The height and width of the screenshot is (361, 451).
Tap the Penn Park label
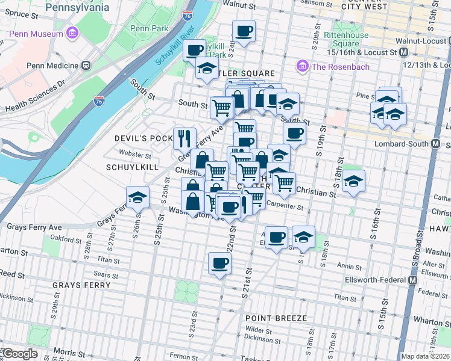(148, 28)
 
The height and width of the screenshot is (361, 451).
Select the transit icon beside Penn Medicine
(86, 65)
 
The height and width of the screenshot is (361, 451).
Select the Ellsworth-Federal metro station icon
(413, 280)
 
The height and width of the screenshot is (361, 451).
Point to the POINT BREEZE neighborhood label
(276, 318)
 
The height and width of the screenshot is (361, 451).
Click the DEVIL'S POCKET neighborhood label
(143, 138)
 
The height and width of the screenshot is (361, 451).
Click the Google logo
(20, 354)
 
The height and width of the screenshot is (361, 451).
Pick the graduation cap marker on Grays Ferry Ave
(137, 197)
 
